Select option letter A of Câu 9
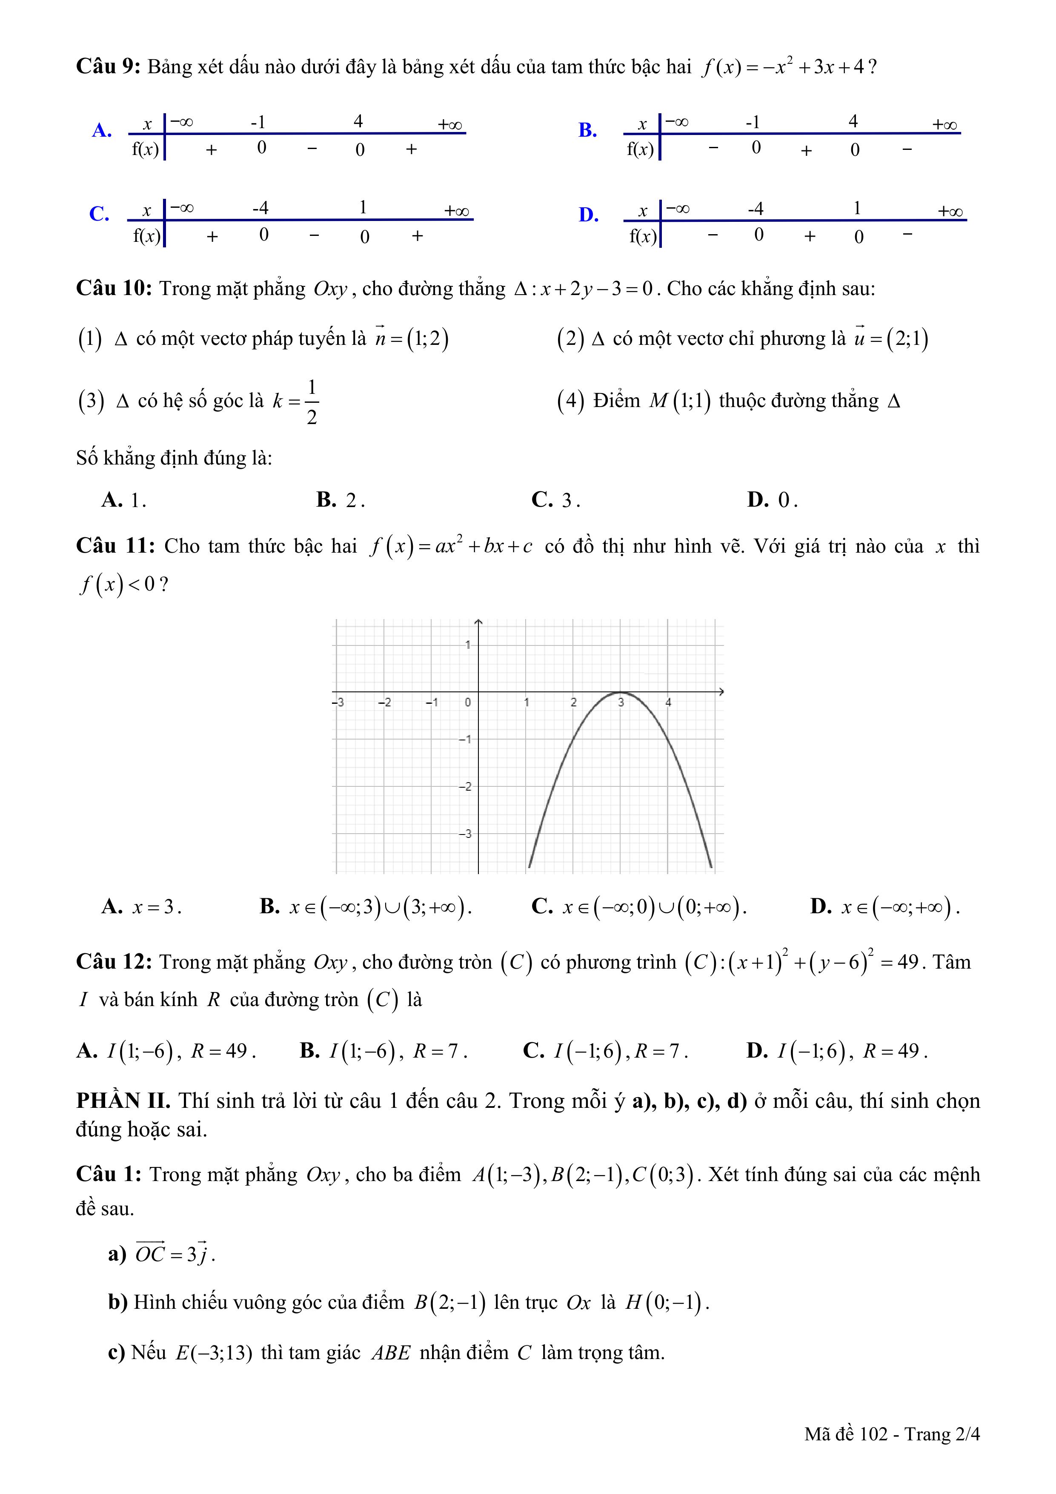pos(101,130)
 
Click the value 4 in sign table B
pos(853,121)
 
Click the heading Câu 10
pos(114,288)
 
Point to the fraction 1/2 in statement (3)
pos(312,401)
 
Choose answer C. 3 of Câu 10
pos(555,500)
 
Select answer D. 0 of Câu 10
pos(772,500)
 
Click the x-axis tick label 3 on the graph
pos(621,703)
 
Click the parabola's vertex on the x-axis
pos(620,692)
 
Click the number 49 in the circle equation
pos(907,962)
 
